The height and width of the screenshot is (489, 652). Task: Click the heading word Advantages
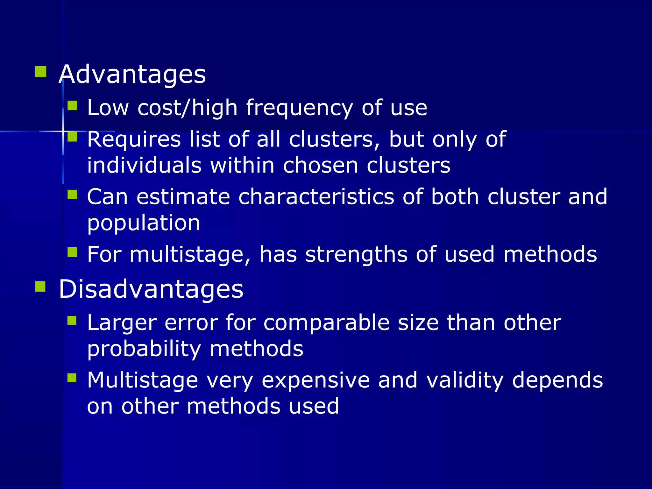tap(132, 74)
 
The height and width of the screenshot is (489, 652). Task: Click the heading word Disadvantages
tap(151, 289)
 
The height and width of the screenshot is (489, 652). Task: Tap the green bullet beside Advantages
tap(41, 72)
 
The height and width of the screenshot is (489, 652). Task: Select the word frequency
tap(299, 108)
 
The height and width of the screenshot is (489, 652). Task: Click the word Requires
tap(134, 139)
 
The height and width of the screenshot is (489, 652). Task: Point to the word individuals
tap(144, 166)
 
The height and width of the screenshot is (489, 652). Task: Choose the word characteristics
tap(316, 197)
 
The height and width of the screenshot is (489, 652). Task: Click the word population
tap(144, 223)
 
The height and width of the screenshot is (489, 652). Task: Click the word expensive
tap(316, 380)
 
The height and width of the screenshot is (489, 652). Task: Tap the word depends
tap(557, 380)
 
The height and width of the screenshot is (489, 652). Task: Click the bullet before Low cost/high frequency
tap(73, 105)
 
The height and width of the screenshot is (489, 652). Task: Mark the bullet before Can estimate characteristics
tap(73, 195)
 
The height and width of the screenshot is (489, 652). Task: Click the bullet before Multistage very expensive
tap(72, 378)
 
